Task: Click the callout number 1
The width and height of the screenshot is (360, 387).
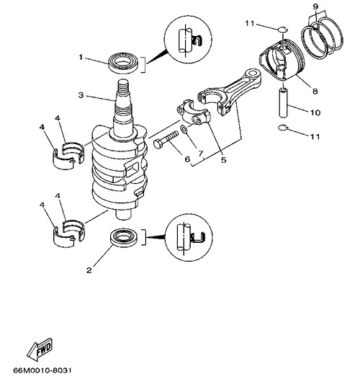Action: [x=81, y=58]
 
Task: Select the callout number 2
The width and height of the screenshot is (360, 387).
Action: [x=89, y=270]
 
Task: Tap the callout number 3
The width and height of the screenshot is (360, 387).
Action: [x=81, y=95]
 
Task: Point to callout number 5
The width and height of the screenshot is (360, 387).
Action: [x=223, y=160]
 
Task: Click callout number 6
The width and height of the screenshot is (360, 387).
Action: [x=187, y=159]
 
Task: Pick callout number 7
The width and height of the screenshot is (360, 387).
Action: [x=201, y=154]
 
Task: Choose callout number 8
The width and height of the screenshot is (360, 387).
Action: [x=315, y=91]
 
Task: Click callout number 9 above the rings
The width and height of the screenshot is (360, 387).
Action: [x=315, y=6]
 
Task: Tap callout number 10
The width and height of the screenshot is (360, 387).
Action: [x=315, y=113]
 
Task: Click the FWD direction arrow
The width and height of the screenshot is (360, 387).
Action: [x=40, y=349]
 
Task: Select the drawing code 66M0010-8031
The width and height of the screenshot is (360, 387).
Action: [x=42, y=370]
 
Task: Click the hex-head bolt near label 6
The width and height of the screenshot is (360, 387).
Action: [x=166, y=140]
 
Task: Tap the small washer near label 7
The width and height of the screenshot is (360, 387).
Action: [x=184, y=129]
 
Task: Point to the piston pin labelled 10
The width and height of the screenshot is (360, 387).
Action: [x=283, y=103]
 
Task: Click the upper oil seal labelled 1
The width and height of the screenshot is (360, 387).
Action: [x=124, y=63]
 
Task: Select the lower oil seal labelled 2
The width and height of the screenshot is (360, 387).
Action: [x=125, y=239]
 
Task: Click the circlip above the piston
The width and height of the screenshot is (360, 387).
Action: [x=282, y=30]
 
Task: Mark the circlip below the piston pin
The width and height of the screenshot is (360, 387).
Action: [x=283, y=128]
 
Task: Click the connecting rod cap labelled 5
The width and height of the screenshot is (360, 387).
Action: [x=194, y=112]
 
